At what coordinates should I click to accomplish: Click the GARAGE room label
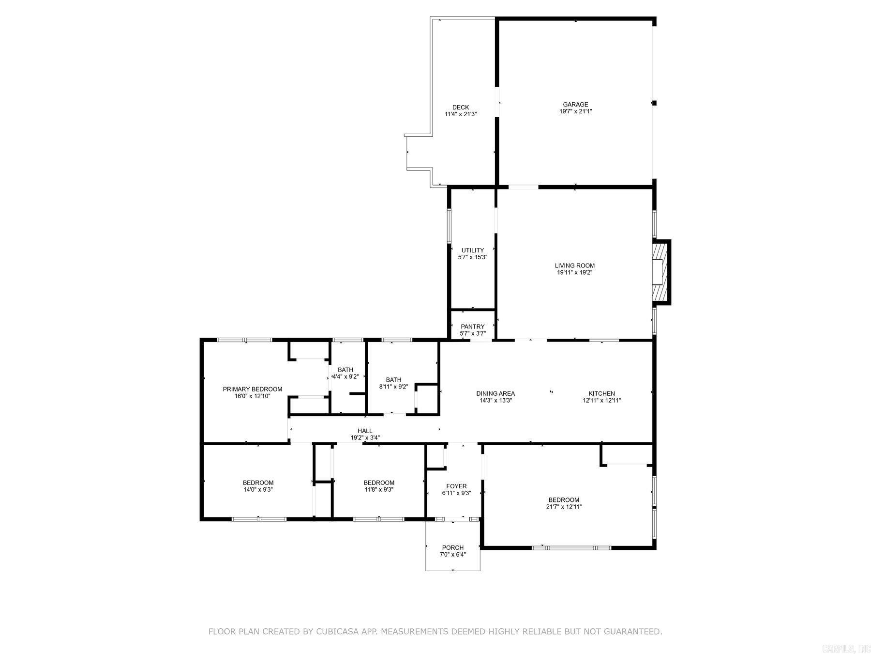(575, 104)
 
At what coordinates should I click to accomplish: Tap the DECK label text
(461, 108)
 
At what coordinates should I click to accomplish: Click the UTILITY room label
(472, 250)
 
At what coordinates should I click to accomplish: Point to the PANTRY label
(472, 327)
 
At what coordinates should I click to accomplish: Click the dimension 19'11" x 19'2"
(575, 273)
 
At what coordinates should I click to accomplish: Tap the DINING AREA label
(496, 393)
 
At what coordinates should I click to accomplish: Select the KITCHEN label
(601, 393)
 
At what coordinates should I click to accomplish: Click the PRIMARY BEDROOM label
(252, 389)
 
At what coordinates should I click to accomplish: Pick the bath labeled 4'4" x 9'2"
(345, 374)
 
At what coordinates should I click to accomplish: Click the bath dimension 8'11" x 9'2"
(393, 387)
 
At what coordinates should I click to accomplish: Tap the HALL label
(365, 431)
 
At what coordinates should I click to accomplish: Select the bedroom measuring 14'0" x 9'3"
(258, 486)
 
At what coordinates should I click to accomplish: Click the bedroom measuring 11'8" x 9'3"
(379, 486)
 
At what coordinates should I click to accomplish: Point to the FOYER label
(456, 486)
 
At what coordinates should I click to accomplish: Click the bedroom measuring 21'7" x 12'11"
(564, 503)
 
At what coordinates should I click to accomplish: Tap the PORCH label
(452, 548)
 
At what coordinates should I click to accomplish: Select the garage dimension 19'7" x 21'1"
(575, 111)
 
